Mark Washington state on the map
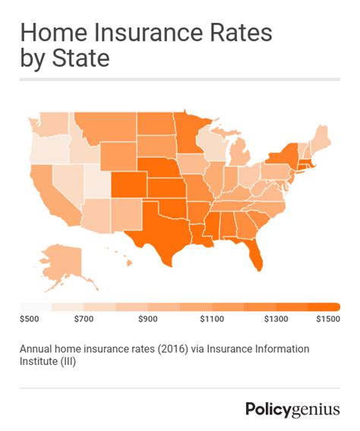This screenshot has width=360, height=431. pos(49,124)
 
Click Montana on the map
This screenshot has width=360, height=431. pos(103,129)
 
